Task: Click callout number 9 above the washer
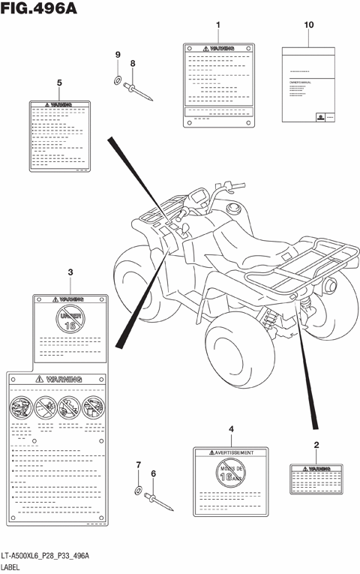point(117,55)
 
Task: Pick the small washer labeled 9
point(118,80)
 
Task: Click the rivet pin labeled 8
point(138,91)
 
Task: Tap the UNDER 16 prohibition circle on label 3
point(70,321)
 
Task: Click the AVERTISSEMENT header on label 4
point(231,452)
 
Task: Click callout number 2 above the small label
point(316,445)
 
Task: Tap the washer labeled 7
point(139,491)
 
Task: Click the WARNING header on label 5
point(59,105)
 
